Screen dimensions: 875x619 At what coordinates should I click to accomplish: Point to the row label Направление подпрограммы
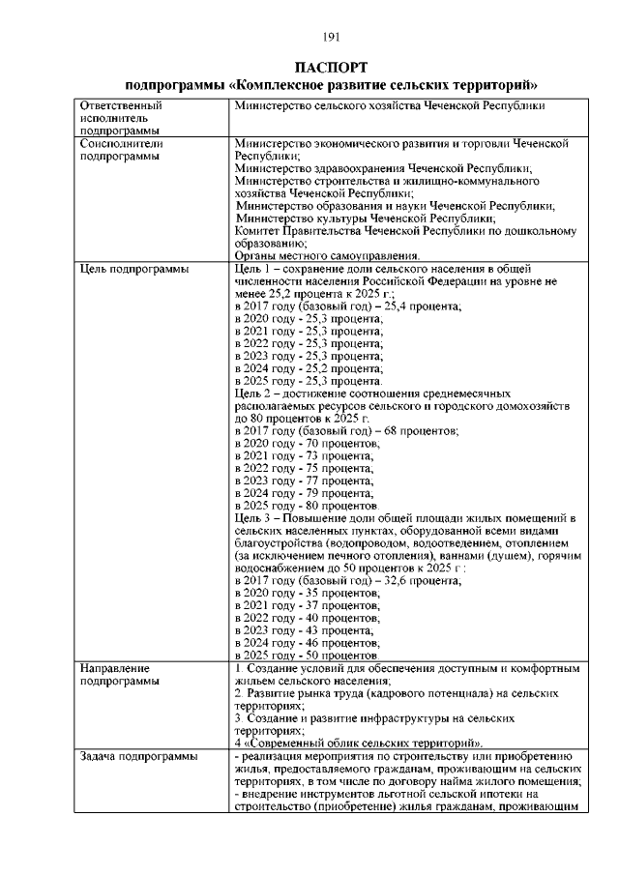point(115,675)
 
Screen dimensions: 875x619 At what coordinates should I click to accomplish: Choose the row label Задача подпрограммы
point(138,755)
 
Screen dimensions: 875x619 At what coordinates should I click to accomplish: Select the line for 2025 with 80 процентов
point(307,506)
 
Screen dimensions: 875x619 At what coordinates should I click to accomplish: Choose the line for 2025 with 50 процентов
point(307,656)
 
